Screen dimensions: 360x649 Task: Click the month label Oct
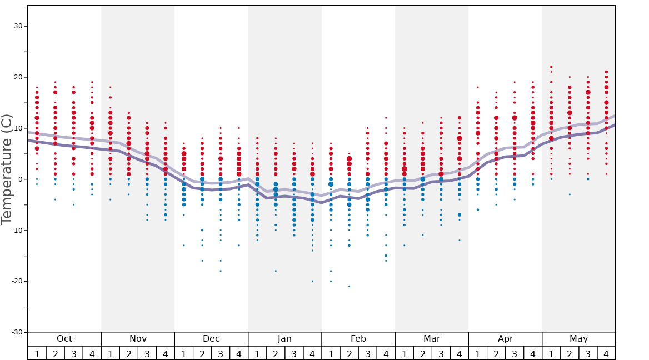64,339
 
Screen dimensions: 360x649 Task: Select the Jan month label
284,339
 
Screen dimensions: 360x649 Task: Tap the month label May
578,339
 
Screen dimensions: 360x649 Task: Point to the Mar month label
432,339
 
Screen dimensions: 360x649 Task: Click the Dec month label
211,339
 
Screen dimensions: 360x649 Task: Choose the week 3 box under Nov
147,353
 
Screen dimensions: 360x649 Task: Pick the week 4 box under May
606,353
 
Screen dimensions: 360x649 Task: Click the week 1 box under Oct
37,353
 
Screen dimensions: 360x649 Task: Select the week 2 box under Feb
349,353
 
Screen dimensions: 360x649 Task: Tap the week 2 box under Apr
496,353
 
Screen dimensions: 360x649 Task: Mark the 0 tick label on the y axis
19,179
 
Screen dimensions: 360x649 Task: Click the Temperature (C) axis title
7,169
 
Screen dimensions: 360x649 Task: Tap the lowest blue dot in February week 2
349,286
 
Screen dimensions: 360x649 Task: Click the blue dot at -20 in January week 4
312,281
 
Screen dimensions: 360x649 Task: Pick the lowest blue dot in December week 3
221,271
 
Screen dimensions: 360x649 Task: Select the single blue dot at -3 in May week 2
570,194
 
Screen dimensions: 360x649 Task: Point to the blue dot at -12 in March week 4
460,240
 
